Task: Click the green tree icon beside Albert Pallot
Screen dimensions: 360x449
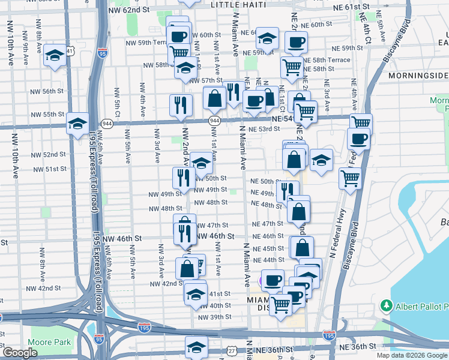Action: pyautogui.click(x=386, y=307)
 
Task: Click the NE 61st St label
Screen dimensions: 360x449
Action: pyautogui.click(x=351, y=7)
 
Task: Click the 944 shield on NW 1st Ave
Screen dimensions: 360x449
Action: pyautogui.click(x=214, y=121)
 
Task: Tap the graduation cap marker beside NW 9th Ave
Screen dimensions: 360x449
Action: pyautogui.click(x=55, y=56)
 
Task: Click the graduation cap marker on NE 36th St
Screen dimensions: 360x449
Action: pyautogui.click(x=196, y=347)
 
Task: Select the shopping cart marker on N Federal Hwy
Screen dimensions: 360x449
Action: pyautogui.click(x=350, y=178)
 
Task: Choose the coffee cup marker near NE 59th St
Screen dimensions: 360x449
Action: pyautogui.click(x=296, y=43)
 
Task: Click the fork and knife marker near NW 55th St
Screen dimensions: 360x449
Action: pyautogui.click(x=181, y=105)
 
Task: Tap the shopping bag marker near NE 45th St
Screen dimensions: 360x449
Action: pyautogui.click(x=303, y=247)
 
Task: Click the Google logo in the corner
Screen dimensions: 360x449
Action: pyautogui.click(x=20, y=353)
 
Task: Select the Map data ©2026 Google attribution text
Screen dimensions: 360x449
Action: pyautogui.click(x=412, y=355)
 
